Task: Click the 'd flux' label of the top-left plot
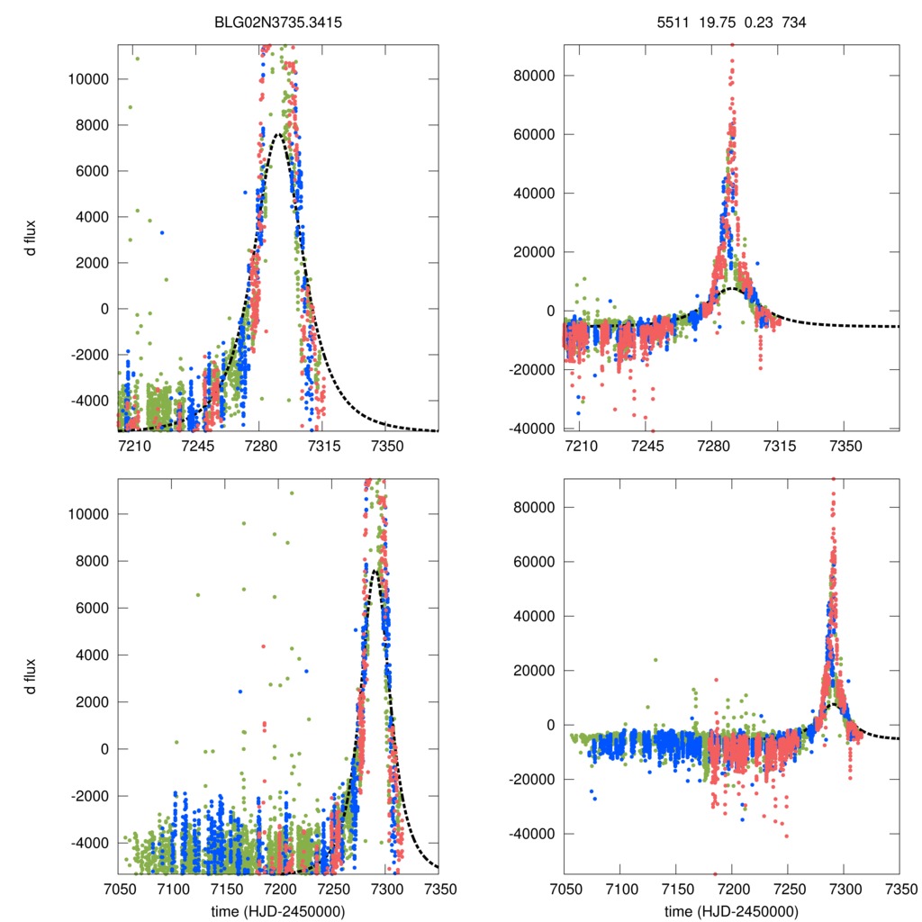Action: (x=31, y=238)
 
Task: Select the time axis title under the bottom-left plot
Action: (x=278, y=911)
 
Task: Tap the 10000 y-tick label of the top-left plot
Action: (x=88, y=78)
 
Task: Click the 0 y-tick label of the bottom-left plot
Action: (x=105, y=748)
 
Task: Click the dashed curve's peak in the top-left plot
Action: (x=278, y=135)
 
